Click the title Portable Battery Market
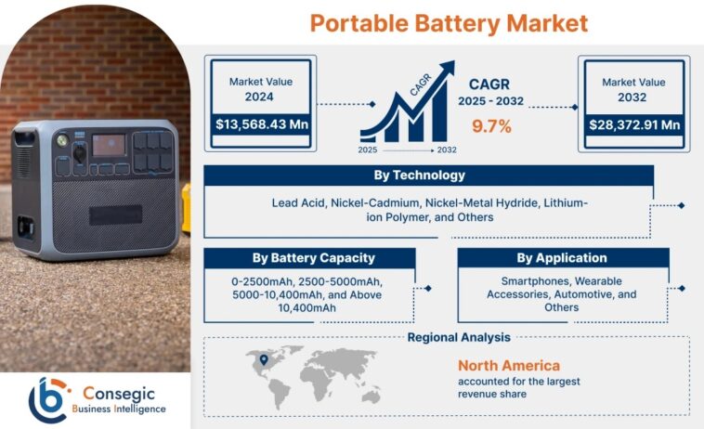click(449, 22)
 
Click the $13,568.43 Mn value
click(262, 124)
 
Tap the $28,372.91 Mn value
click(634, 124)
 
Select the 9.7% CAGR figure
click(491, 126)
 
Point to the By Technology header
click(428, 175)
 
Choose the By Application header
click(562, 257)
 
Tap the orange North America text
click(509, 365)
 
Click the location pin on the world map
click(263, 360)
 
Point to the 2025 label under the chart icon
click(369, 149)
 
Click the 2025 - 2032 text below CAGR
click(491, 99)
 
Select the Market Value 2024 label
click(261, 88)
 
